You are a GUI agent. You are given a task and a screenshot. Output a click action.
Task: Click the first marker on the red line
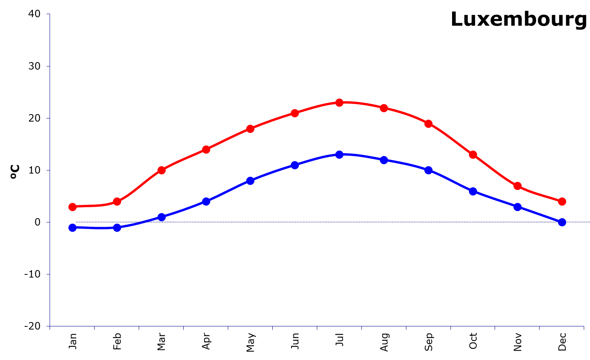click(72, 207)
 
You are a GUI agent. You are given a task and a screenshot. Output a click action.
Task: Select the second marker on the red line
click(117, 202)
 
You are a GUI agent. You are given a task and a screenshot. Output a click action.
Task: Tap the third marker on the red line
click(161, 170)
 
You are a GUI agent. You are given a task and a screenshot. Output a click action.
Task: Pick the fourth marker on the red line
click(206, 149)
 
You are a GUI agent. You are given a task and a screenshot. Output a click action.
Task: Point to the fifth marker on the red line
click(250, 129)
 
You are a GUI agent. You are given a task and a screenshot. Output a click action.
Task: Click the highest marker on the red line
click(340, 102)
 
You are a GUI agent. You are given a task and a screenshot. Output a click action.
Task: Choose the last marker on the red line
click(562, 201)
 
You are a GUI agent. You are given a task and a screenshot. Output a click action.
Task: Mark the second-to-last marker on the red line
click(517, 186)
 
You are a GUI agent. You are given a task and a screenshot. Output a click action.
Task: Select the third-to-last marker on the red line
click(473, 154)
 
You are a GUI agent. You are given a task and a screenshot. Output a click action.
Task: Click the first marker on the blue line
click(72, 227)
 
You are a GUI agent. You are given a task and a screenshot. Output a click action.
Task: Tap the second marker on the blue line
click(117, 227)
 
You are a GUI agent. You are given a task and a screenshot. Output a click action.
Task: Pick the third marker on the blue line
click(161, 217)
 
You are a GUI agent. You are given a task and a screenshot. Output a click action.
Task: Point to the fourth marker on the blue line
click(206, 201)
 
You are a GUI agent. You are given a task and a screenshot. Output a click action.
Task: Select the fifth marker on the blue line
click(250, 181)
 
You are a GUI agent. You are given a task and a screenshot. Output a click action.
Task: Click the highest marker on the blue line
click(340, 154)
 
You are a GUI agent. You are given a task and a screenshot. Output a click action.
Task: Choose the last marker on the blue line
click(562, 222)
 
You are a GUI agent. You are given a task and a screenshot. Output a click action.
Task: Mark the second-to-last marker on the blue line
click(517, 206)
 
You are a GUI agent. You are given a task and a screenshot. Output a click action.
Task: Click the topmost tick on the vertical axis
click(48, 14)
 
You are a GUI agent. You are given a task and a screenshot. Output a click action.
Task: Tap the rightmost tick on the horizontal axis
click(584, 328)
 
